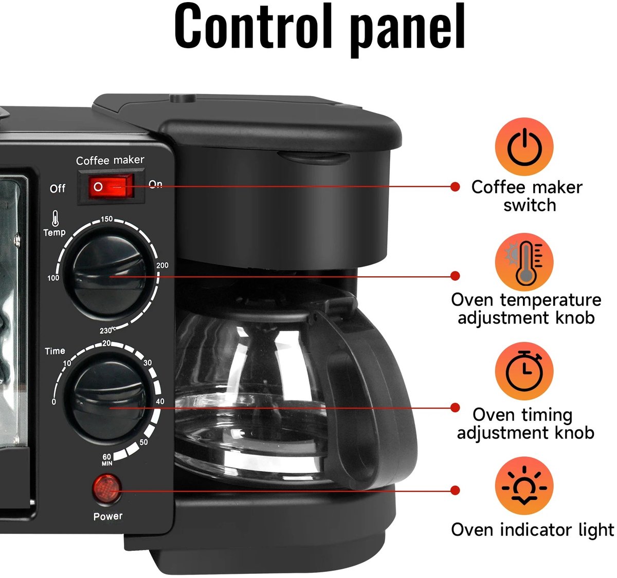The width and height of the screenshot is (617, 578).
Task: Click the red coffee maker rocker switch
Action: coord(111,186)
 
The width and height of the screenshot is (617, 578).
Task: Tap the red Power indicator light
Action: coord(106,490)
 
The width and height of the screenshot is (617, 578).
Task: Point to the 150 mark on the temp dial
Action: coord(106,219)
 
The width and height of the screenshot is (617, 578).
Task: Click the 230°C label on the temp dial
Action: coord(107,331)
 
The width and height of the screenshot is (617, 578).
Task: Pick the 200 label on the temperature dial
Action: coord(162,265)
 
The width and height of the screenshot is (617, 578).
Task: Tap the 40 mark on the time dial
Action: coord(160,401)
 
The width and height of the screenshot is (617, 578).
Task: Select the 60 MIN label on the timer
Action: coord(107,459)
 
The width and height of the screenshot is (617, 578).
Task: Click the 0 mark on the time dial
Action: coord(54,402)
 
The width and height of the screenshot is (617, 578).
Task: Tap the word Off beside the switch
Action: coord(58,188)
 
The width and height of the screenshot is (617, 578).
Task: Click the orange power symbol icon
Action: coord(524,146)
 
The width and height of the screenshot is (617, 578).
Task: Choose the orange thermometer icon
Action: coord(524,262)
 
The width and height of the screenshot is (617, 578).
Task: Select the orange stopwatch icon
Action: coord(524,371)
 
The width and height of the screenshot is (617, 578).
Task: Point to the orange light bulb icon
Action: coord(524,486)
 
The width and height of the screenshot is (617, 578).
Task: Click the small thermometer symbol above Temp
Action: coord(56,218)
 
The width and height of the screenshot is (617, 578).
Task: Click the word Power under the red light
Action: coord(108,516)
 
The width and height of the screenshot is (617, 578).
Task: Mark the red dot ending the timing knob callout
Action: coord(455,408)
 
